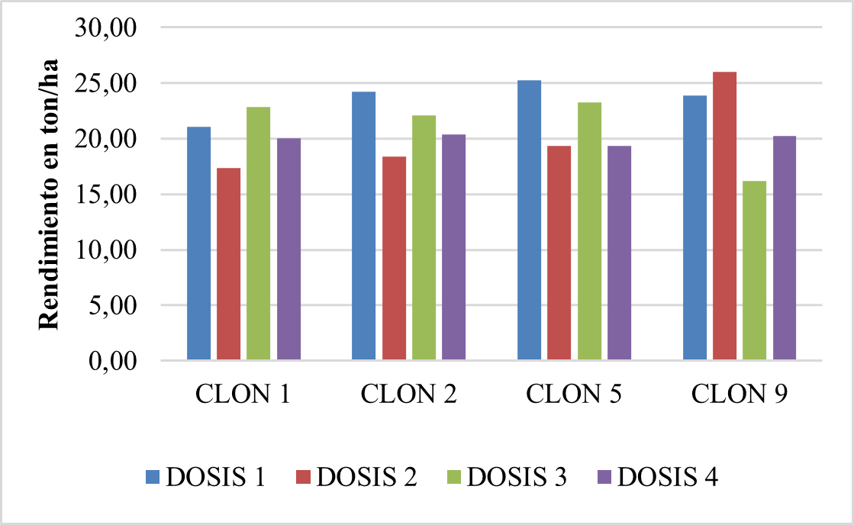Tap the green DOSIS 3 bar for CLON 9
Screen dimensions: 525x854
[x=754, y=270]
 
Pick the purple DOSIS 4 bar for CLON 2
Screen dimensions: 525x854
[x=453, y=246]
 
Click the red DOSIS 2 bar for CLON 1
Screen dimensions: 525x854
[x=229, y=263]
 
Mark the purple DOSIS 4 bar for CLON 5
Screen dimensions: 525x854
[x=619, y=253]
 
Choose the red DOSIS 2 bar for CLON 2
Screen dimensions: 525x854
[x=394, y=258]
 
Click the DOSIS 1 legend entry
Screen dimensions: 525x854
[x=205, y=477]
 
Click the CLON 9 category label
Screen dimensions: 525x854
[x=740, y=395]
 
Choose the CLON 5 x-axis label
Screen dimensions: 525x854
[x=574, y=395]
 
